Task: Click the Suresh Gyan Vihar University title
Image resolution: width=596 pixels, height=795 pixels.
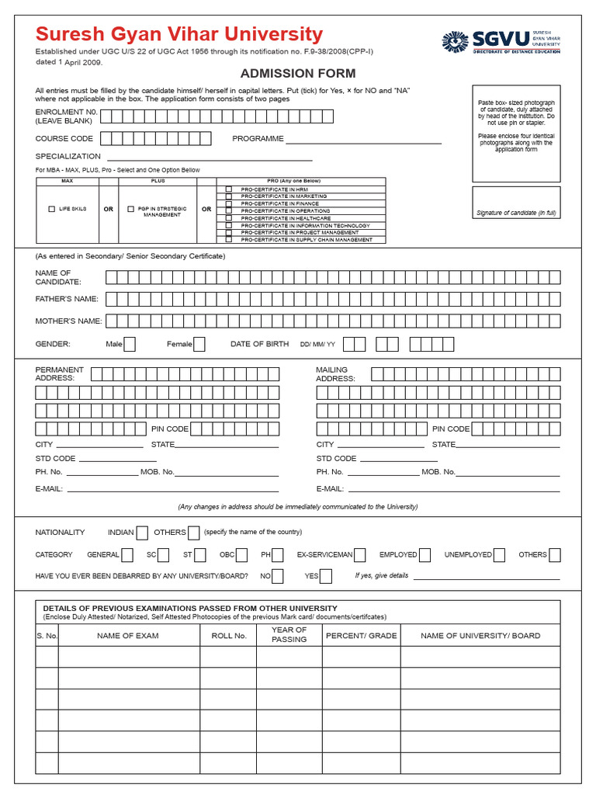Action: (179, 34)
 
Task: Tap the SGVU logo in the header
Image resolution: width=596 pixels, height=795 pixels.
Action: (501, 42)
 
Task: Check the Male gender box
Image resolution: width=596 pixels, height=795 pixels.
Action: (130, 344)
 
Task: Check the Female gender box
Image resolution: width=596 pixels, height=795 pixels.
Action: (199, 344)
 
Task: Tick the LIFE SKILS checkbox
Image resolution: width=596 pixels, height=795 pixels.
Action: (52, 209)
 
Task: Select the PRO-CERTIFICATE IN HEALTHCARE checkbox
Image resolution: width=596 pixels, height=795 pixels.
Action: (229, 218)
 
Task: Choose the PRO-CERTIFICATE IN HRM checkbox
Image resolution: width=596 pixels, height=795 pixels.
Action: (229, 189)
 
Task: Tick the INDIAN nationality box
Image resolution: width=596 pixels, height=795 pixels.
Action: (142, 533)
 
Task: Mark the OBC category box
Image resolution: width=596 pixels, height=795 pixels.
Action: (242, 555)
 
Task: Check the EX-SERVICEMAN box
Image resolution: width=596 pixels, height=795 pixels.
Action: (362, 555)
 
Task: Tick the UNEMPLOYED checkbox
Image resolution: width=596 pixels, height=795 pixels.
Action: (500, 555)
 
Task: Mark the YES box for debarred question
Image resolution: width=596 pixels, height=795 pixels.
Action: (326, 576)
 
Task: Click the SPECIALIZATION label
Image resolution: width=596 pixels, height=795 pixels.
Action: (68, 156)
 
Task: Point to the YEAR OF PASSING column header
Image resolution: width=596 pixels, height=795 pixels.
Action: (289, 635)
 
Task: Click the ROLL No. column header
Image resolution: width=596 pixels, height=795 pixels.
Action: (228, 635)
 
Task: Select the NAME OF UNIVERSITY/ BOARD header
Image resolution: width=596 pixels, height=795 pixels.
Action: (480, 635)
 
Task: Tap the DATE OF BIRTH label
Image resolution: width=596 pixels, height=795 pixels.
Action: (259, 344)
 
